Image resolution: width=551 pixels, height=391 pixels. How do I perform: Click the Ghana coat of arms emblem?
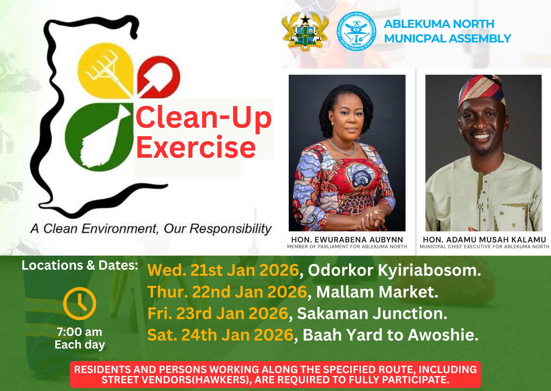(x=305, y=31)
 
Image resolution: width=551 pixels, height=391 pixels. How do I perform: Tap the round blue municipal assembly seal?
(x=356, y=31)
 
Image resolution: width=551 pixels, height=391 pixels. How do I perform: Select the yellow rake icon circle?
(x=106, y=71)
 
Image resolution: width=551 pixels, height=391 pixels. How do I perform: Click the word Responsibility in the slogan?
(x=231, y=229)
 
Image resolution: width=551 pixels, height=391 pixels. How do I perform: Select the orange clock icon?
(x=80, y=303)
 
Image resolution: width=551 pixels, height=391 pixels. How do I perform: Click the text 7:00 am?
(x=80, y=332)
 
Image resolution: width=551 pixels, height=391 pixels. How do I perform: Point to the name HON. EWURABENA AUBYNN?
(x=347, y=240)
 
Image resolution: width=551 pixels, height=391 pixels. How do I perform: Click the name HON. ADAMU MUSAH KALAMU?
(x=484, y=240)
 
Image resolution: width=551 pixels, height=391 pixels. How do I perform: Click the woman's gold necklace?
(x=342, y=148)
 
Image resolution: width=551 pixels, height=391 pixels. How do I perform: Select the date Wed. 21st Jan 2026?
(x=223, y=270)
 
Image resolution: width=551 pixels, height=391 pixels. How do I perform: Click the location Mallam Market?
(x=377, y=292)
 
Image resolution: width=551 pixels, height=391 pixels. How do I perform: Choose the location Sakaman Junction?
(x=372, y=314)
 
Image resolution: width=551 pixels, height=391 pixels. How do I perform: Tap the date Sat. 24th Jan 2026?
(x=220, y=335)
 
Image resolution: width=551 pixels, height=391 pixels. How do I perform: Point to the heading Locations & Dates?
(x=80, y=265)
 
